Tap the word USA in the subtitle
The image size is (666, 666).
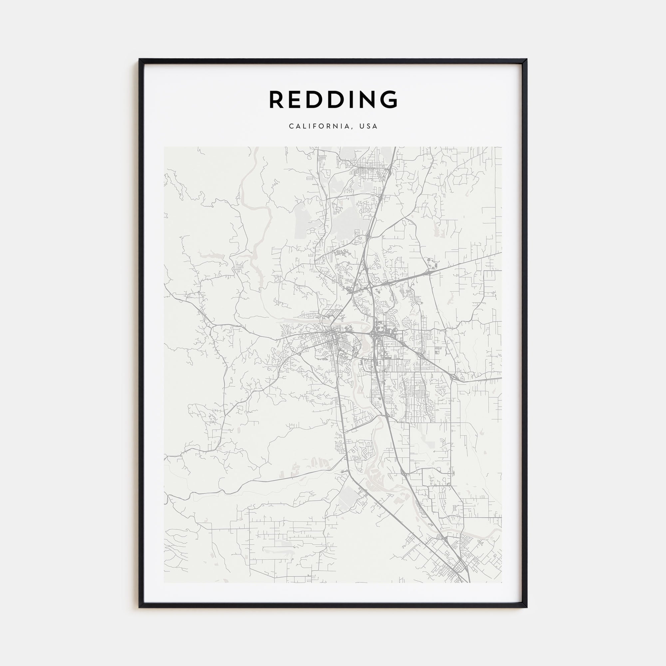tap(369, 126)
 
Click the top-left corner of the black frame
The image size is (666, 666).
tap(139, 59)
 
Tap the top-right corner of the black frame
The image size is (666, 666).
tap(527, 59)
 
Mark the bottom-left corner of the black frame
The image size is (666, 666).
tap(139, 607)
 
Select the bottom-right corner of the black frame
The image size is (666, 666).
tap(527, 607)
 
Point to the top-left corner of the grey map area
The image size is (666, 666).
tap(164, 147)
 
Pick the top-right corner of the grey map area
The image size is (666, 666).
tap(501, 147)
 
